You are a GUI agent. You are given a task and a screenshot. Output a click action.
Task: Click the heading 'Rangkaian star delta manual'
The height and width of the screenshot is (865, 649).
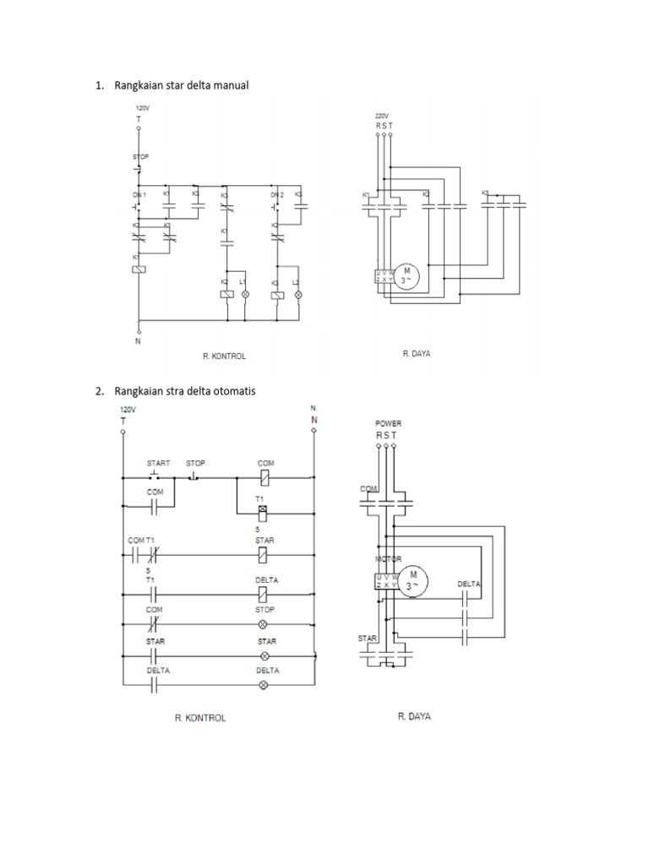181,85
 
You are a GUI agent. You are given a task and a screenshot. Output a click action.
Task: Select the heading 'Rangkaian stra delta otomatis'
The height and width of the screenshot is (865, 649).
186,391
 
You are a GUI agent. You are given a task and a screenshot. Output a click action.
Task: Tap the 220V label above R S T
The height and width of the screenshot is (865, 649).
382,116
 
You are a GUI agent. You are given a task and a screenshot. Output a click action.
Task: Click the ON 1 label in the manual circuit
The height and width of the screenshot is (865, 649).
139,195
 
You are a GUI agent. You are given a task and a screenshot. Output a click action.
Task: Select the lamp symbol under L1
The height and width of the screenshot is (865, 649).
245,294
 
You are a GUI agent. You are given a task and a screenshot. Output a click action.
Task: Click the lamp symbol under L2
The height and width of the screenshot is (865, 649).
297,294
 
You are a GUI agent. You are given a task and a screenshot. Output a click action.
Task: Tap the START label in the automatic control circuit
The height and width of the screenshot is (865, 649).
158,463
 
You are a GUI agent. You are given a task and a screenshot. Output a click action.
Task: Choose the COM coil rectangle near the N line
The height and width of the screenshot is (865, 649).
264,477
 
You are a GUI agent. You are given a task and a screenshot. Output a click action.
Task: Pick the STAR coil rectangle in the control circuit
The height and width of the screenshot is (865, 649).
264,554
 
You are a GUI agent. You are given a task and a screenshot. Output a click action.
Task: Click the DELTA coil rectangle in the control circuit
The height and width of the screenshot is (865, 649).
264,595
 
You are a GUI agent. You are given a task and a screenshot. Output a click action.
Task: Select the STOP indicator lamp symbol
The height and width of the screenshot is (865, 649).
264,624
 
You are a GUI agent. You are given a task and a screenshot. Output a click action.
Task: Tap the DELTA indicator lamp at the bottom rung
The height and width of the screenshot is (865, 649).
264,685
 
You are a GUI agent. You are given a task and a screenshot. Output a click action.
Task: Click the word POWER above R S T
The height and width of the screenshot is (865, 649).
388,423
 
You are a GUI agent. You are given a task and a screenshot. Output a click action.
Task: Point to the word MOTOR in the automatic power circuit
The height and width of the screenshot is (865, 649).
388,559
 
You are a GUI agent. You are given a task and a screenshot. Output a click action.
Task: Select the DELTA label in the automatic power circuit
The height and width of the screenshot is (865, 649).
469,584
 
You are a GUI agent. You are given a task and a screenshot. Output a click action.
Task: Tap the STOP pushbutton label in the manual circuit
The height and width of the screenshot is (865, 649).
140,157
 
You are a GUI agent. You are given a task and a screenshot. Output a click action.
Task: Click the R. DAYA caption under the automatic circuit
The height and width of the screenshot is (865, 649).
414,716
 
